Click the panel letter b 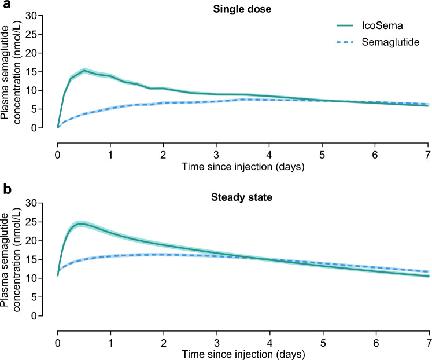pyautogui.click(x=5, y=187)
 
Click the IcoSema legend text pyautogui.click(x=378, y=27)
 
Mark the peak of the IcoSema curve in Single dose pyautogui.click(x=84, y=71)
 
